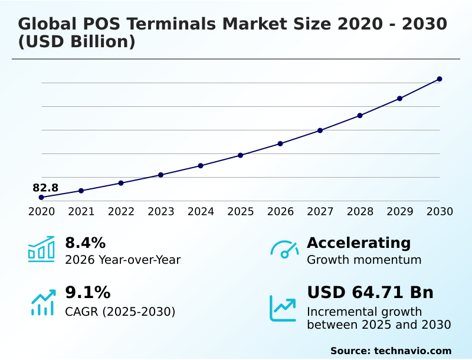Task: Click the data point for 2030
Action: pos(440,79)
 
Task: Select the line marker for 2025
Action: pos(241,155)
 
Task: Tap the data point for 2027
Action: pos(320,130)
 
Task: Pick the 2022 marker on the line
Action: pos(121,183)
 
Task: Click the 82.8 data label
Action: pos(45,188)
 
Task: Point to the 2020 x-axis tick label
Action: pos(41,211)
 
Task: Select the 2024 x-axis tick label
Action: pos(201,211)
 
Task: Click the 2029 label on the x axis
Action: pos(399,211)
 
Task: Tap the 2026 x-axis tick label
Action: pos(280,211)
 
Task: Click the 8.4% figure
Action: pos(85,243)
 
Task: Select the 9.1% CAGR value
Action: pos(87,293)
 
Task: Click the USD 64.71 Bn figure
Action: pos(370,293)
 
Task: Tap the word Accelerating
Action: pos(359,243)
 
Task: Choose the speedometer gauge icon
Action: pos(284,249)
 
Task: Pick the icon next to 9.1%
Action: pos(42,302)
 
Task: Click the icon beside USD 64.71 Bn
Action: pos(283,308)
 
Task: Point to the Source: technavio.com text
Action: pos(391,351)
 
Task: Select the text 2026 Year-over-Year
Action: pos(123,260)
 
